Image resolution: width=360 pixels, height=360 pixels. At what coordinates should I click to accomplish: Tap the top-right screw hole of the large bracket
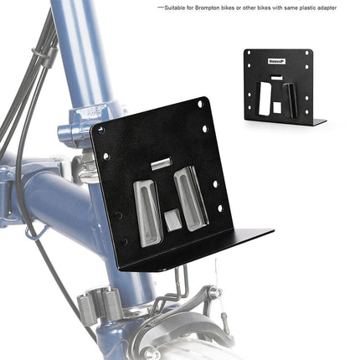pyautogui.click(x=200, y=104)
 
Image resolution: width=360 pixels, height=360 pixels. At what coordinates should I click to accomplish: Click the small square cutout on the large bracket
pyautogui.click(x=171, y=221)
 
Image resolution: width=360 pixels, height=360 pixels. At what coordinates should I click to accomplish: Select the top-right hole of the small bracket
pyautogui.click(x=307, y=54)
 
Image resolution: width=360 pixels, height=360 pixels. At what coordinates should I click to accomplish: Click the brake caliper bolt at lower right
pyautogui.click(x=213, y=292)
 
